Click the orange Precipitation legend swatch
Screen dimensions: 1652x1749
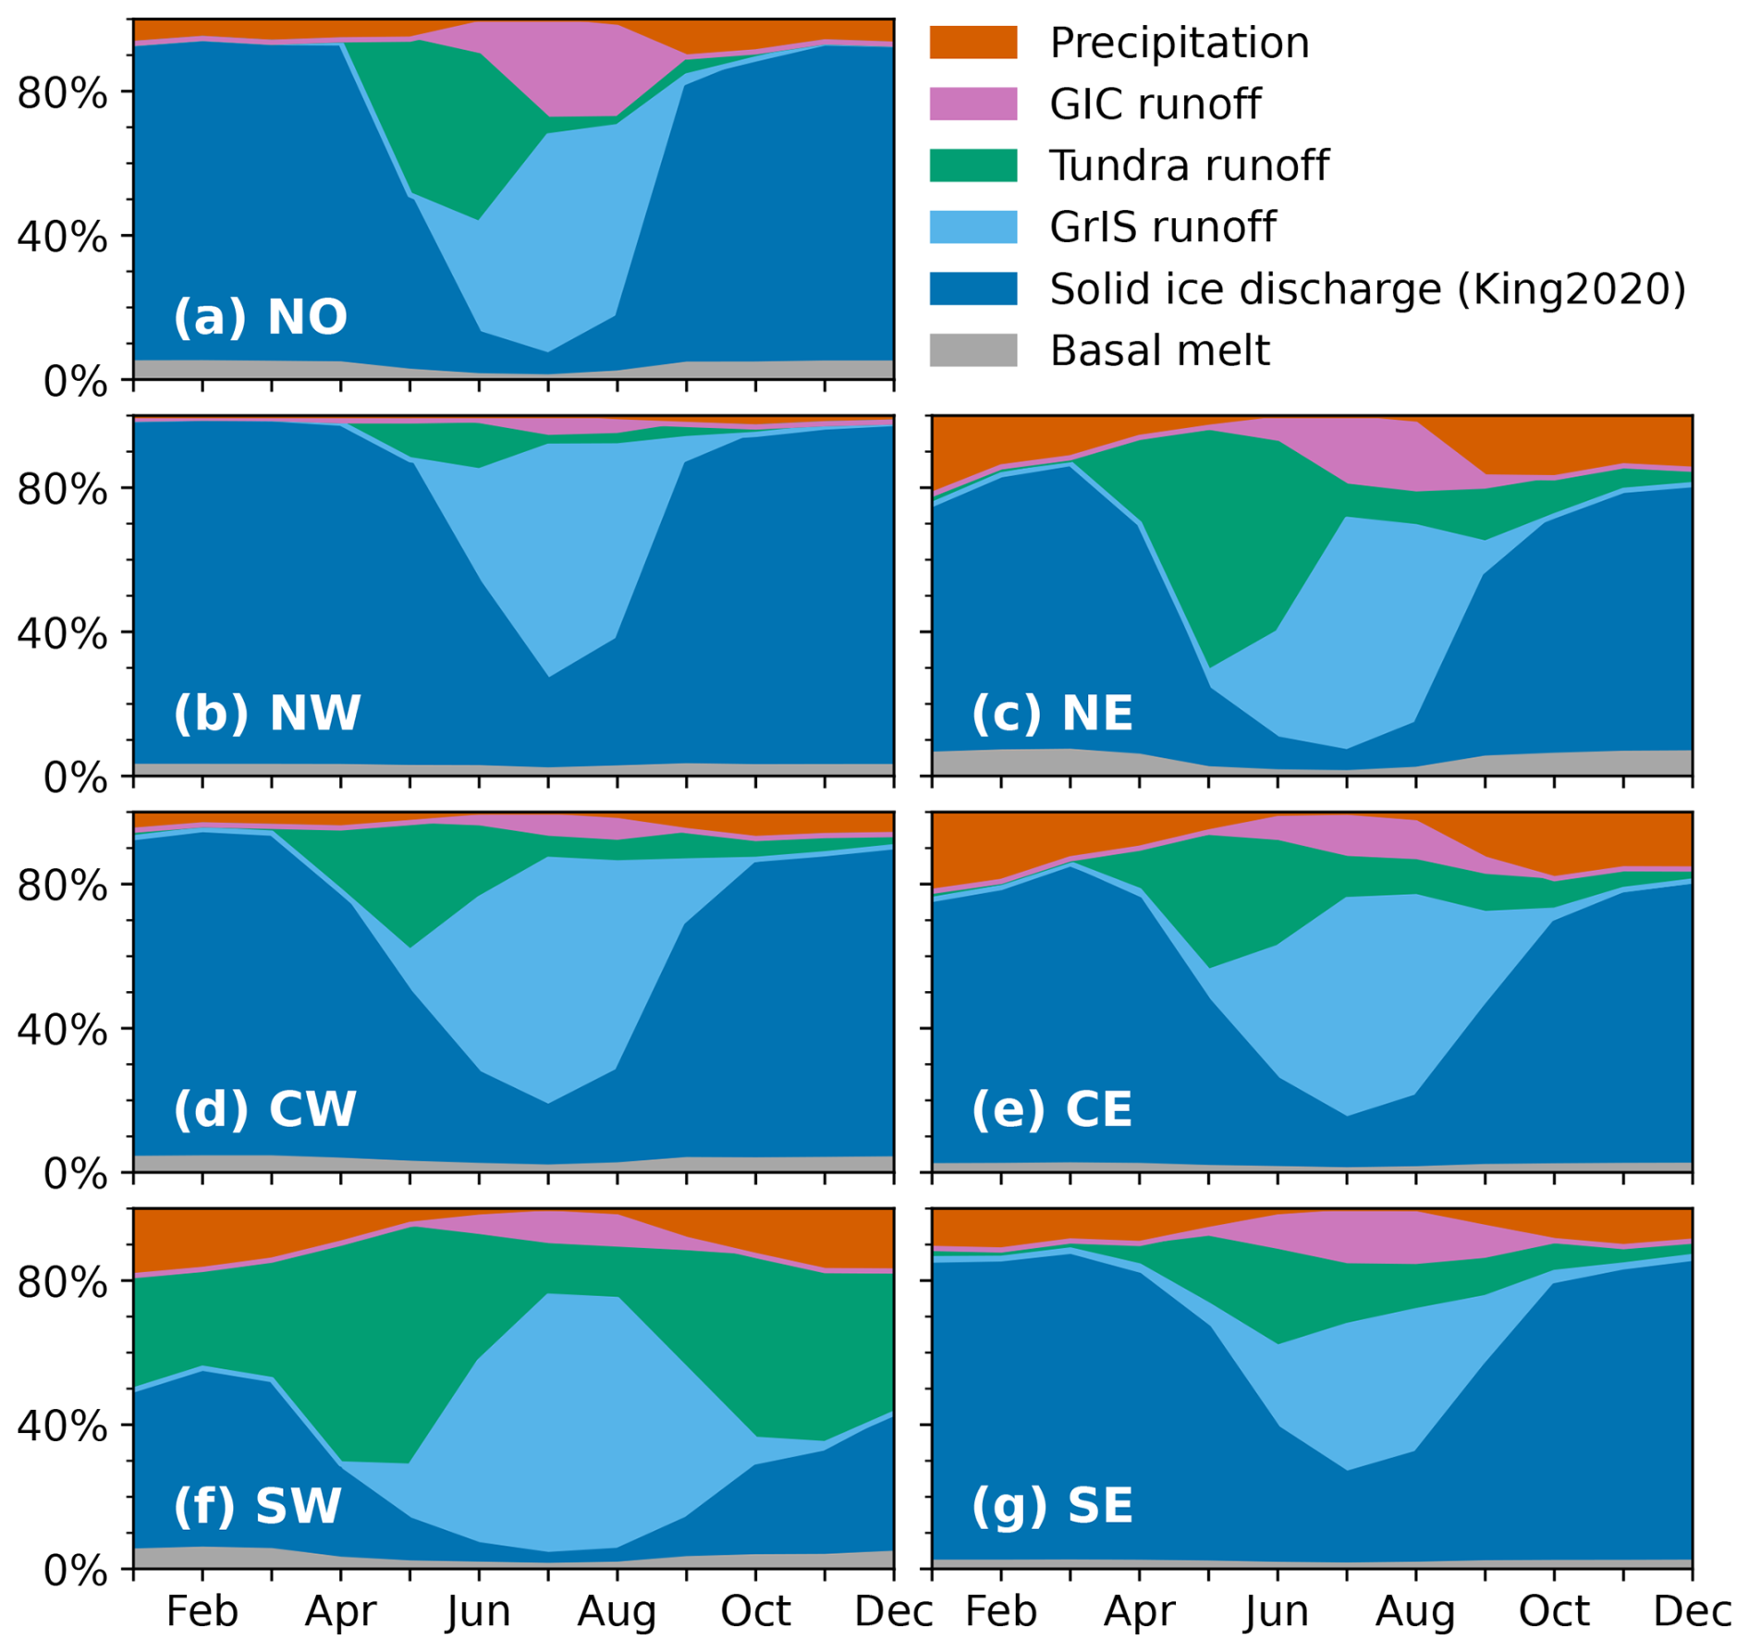972,43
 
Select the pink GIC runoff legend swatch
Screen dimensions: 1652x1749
972,104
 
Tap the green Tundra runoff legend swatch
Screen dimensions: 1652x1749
972,165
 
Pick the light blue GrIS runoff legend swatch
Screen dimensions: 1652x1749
972,227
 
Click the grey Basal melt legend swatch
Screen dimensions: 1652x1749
972,350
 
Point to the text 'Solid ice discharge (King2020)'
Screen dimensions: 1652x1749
1367,289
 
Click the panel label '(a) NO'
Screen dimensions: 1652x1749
260,317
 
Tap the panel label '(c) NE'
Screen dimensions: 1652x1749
1052,714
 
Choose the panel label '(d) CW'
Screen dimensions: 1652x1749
264,1109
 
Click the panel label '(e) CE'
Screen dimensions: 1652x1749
1052,1109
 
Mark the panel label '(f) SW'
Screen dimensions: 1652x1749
257,1506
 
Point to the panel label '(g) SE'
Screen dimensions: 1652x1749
1052,1506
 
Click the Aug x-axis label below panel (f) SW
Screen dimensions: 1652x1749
617,1612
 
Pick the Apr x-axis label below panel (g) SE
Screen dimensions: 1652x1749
1139,1612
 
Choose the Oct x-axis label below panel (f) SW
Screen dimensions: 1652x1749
755,1612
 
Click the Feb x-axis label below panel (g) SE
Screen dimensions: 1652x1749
1000,1612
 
